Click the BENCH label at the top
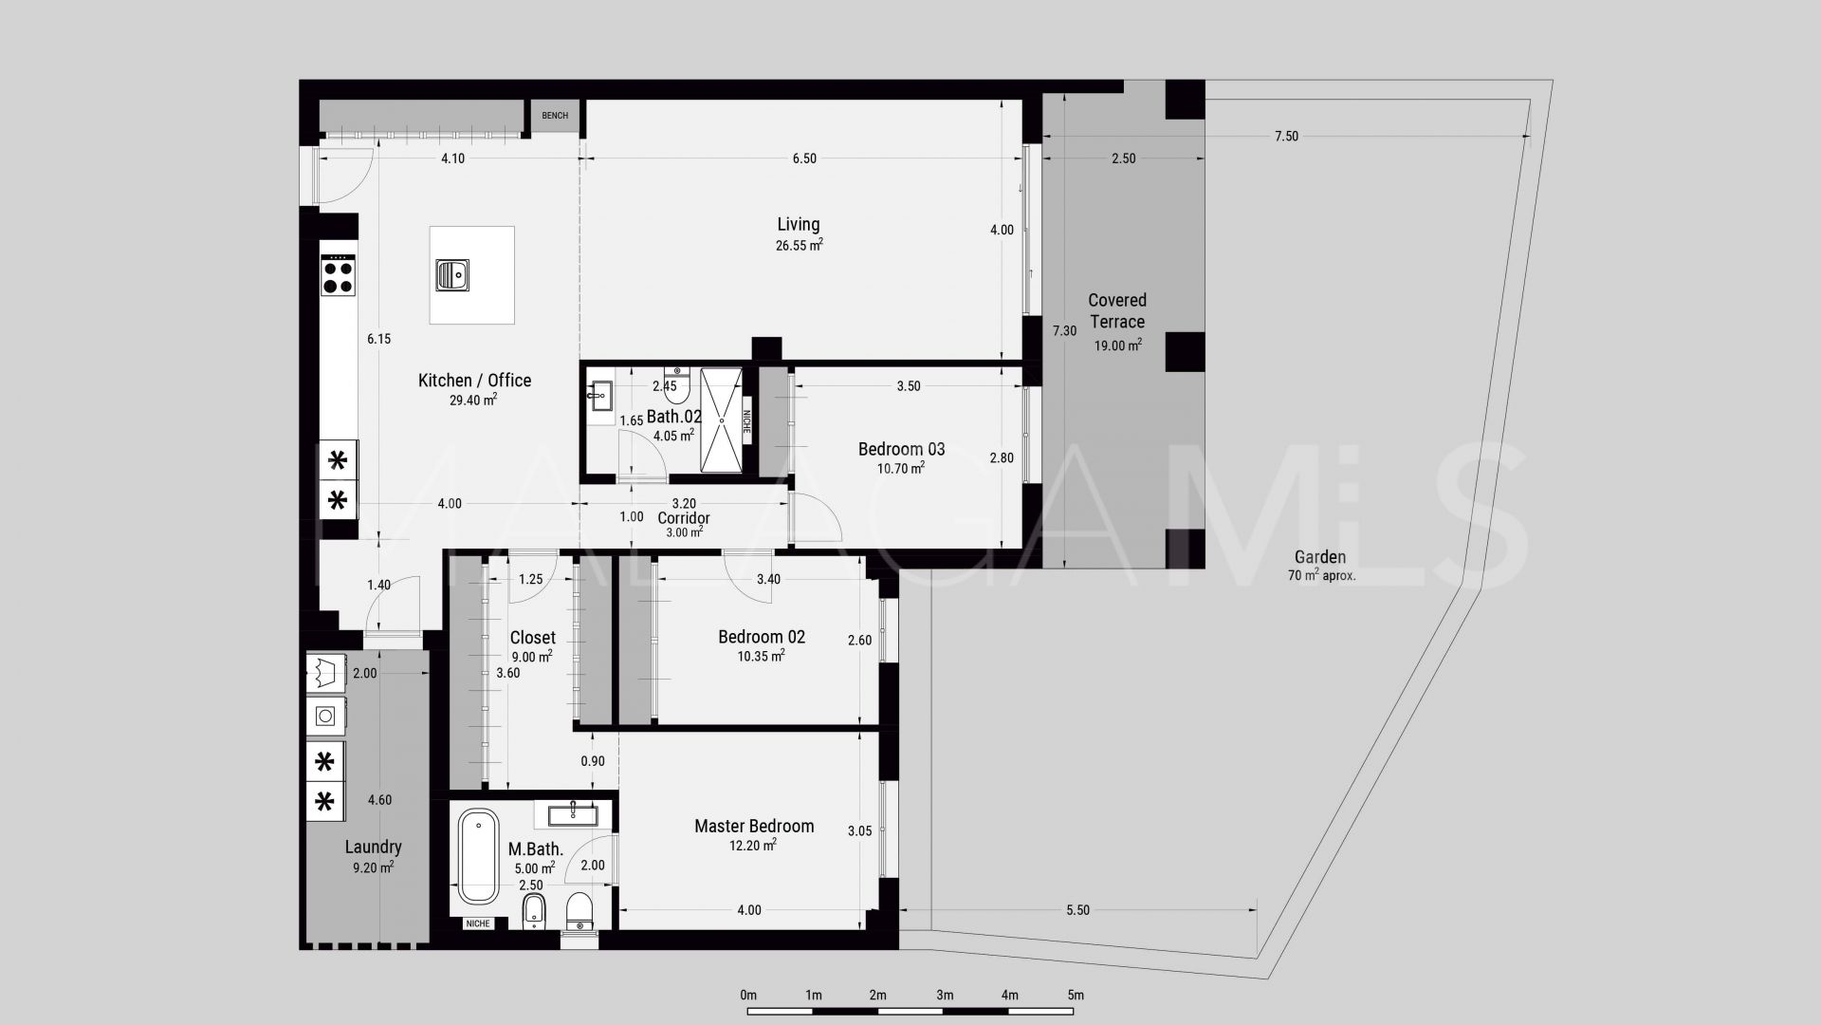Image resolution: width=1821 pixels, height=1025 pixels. (x=555, y=116)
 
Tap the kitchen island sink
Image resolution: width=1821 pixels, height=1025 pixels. (x=451, y=275)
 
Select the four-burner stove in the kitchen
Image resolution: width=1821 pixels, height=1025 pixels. (x=338, y=275)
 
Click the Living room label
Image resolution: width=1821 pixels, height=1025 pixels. (x=798, y=225)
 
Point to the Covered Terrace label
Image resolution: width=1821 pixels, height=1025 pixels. (x=1117, y=311)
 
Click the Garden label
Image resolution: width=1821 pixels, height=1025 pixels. (x=1320, y=557)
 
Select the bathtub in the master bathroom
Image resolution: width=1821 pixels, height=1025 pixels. (x=478, y=856)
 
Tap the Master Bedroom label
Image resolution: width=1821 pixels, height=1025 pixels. (x=754, y=827)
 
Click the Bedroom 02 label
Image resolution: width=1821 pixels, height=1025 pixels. (x=762, y=637)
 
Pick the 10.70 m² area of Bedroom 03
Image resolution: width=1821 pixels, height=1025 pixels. (x=901, y=469)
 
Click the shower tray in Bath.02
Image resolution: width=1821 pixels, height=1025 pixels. (x=722, y=419)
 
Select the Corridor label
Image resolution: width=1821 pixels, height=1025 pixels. (x=684, y=518)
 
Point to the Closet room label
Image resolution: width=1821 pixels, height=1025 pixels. (x=532, y=638)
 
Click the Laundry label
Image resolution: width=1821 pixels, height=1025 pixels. (x=373, y=848)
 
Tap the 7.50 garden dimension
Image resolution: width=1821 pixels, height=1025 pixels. (x=1286, y=137)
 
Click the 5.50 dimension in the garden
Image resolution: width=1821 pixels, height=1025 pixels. (x=1077, y=910)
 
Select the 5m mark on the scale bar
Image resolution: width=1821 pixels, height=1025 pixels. (x=1075, y=996)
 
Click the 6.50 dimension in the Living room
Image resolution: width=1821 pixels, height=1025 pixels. (x=804, y=158)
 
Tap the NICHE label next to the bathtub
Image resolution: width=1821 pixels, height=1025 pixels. (x=478, y=923)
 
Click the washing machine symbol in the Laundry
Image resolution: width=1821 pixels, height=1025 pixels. (x=325, y=717)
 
